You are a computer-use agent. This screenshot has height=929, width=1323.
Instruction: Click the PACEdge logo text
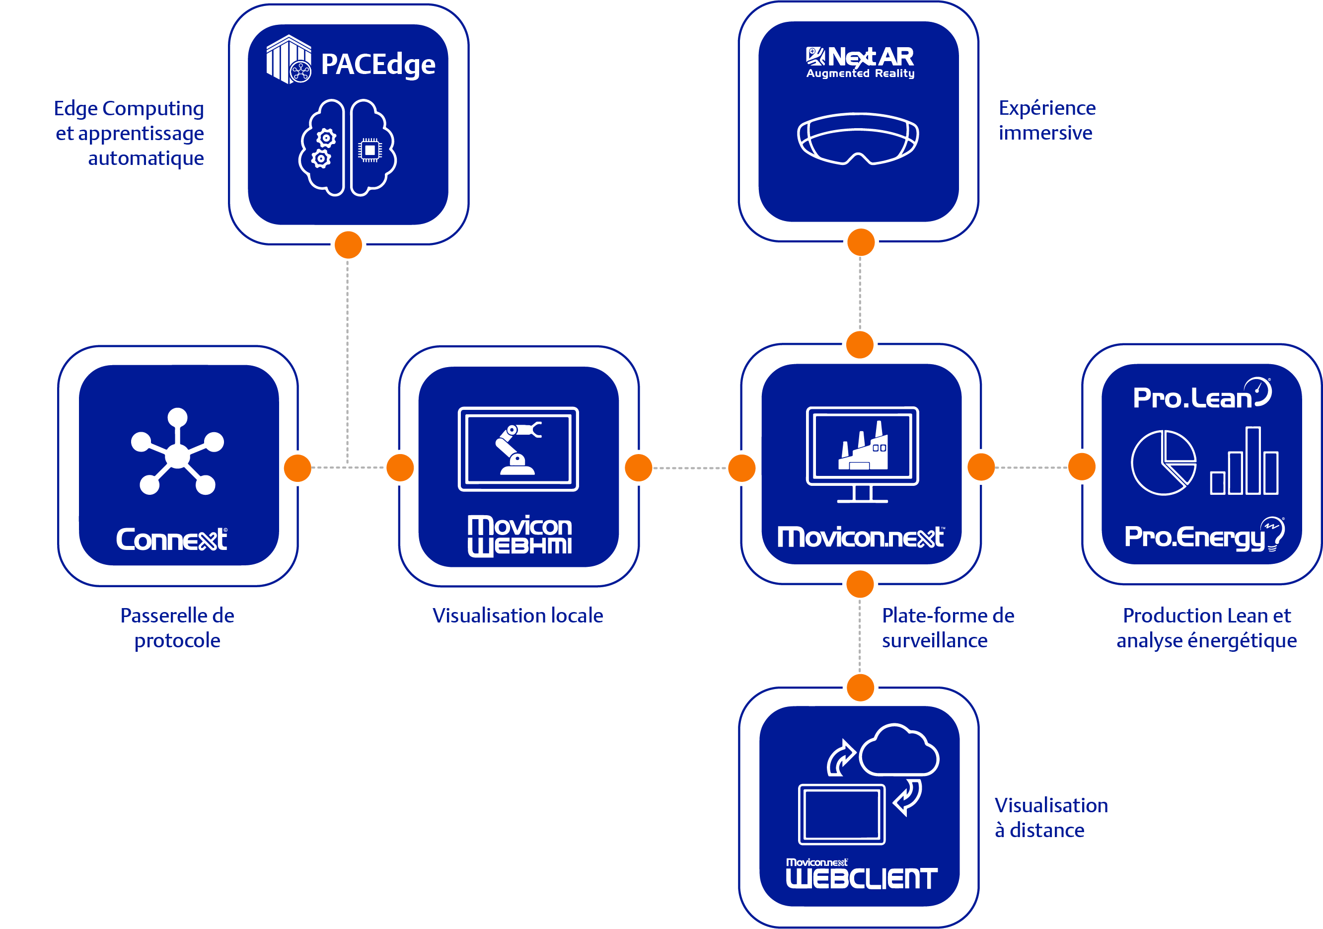click(378, 65)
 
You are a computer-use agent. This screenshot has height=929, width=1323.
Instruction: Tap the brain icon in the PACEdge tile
click(348, 148)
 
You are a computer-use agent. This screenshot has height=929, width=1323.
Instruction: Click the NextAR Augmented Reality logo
click(860, 62)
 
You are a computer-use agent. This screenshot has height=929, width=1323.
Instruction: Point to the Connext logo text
click(172, 540)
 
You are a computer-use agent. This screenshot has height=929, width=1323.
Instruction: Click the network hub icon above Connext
click(177, 451)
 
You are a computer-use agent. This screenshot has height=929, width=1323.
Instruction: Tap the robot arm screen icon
click(518, 449)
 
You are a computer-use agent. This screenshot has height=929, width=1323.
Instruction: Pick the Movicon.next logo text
click(861, 537)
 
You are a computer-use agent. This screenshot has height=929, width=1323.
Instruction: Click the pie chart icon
click(1164, 462)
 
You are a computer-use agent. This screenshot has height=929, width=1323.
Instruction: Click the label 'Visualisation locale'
click(518, 616)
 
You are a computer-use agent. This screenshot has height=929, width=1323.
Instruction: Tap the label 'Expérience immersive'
click(1047, 120)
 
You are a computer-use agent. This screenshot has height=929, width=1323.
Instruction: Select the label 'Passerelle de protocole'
click(177, 628)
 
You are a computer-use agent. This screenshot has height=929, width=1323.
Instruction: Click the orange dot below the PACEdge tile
click(348, 245)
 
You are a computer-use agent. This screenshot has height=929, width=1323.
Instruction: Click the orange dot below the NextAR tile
click(861, 242)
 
